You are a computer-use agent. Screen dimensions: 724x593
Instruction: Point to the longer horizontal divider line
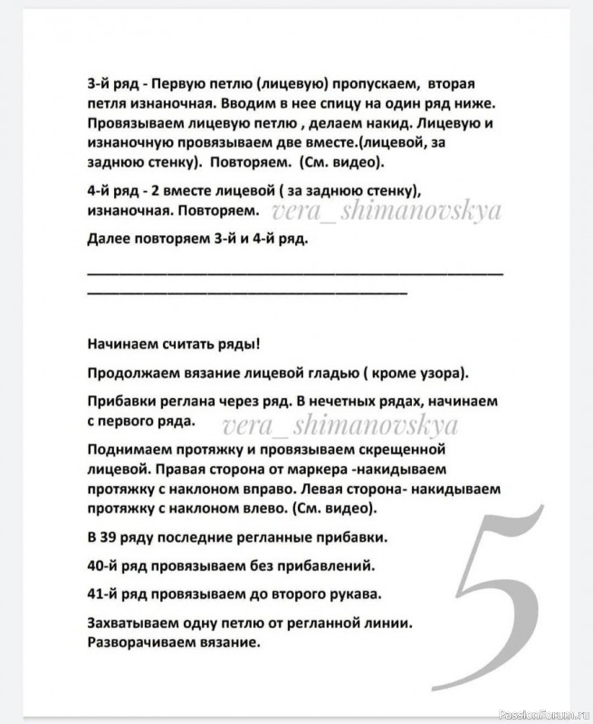coord(295,271)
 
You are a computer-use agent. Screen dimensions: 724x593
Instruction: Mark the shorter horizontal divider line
coord(247,292)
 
